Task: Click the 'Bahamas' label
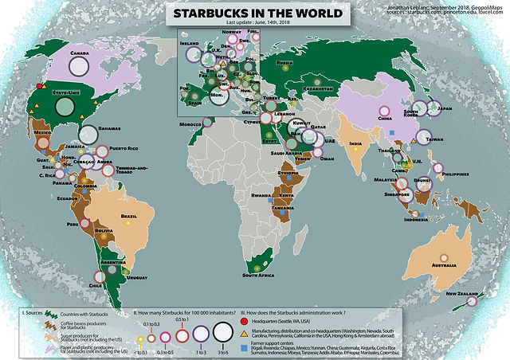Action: point(110,129)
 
